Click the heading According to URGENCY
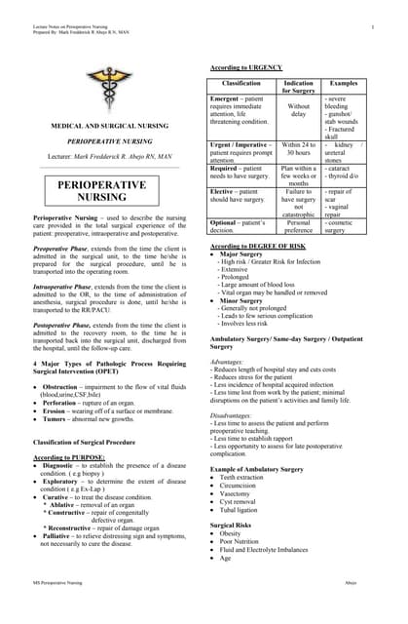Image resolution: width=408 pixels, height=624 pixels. [246, 66]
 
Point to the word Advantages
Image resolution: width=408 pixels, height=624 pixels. [229, 362]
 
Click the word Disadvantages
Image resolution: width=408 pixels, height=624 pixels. [234, 409]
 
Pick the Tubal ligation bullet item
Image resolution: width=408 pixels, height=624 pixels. [244, 510]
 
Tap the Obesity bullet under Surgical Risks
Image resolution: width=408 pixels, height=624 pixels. [235, 534]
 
